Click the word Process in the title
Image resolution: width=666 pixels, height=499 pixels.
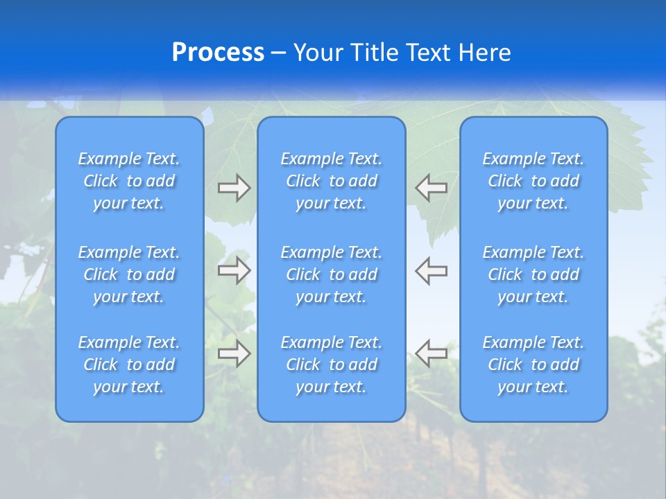[x=218, y=53]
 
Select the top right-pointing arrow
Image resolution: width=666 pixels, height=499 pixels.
[x=234, y=188]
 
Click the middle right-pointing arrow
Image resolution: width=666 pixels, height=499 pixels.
[x=234, y=270]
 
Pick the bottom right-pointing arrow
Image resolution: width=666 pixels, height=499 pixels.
[x=234, y=353]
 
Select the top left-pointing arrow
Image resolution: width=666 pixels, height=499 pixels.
[x=432, y=188]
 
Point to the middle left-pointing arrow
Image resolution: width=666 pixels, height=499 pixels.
[x=432, y=270]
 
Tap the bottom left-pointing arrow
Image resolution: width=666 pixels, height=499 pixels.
[x=432, y=353]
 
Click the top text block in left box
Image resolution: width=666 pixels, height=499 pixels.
[x=129, y=181]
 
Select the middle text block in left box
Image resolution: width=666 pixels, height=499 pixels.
[x=129, y=274]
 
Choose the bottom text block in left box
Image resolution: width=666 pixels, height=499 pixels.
[x=129, y=365]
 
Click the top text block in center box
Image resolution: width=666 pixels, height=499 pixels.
[x=332, y=181]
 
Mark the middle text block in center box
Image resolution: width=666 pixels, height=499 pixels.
[x=332, y=274]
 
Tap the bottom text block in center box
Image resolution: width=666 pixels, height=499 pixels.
[x=332, y=365]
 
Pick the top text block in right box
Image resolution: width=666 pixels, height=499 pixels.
[x=533, y=181]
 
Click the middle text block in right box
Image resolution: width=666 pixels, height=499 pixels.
[x=533, y=274]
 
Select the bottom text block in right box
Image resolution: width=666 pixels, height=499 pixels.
[x=533, y=365]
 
